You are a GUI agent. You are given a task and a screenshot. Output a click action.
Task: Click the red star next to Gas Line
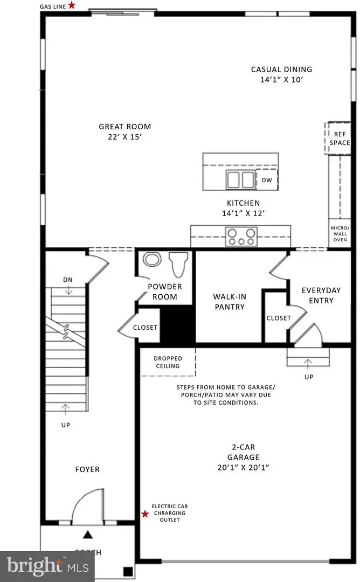click(x=72, y=5)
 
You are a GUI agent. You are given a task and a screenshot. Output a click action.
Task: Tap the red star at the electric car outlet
click(x=145, y=514)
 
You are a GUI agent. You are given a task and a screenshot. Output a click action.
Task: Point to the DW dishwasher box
click(x=267, y=181)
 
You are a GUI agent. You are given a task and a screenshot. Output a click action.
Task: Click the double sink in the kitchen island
click(x=241, y=178)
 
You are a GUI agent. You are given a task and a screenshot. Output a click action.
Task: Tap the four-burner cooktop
click(x=241, y=236)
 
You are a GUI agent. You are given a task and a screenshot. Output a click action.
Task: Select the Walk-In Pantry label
click(x=229, y=302)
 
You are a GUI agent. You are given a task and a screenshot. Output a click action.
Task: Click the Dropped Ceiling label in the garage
click(x=167, y=362)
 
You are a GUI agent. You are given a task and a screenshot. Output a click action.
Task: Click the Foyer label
click(x=87, y=469)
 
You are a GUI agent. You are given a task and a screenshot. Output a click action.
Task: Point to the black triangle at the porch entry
click(x=87, y=535)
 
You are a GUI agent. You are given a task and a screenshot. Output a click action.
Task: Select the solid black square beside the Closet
click(x=178, y=324)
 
